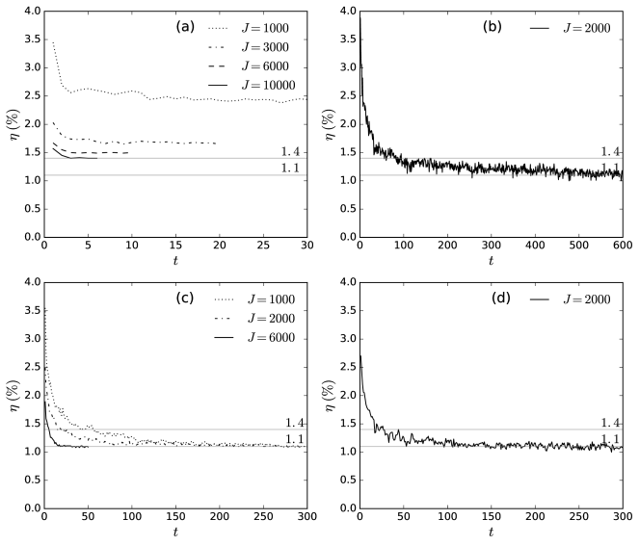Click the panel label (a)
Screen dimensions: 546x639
click(x=186, y=28)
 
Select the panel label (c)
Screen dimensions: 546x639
click(x=186, y=299)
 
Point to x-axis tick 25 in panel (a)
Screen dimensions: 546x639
click(x=262, y=247)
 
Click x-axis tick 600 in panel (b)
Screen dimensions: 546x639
click(x=622, y=247)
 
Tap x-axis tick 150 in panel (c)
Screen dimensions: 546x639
click(x=174, y=518)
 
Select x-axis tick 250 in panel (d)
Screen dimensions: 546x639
click(x=578, y=518)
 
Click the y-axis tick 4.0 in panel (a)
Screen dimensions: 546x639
click(x=28, y=12)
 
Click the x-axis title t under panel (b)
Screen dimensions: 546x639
click(x=491, y=261)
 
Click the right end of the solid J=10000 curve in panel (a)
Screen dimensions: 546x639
click(x=96, y=158)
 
